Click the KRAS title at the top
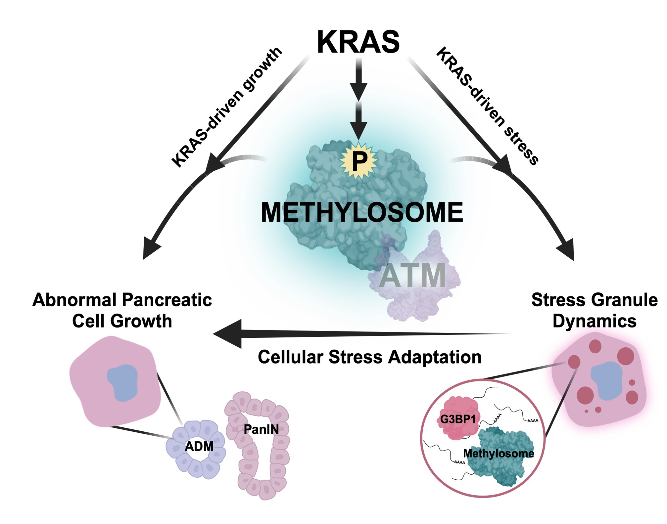[358, 42]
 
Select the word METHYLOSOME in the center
[362, 212]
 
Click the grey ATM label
[412, 276]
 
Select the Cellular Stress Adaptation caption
[369, 357]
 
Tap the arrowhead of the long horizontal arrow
[228, 334]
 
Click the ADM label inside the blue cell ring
[199, 446]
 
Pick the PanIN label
[261, 429]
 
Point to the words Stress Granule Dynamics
[595, 310]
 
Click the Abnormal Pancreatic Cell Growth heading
[122, 310]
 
